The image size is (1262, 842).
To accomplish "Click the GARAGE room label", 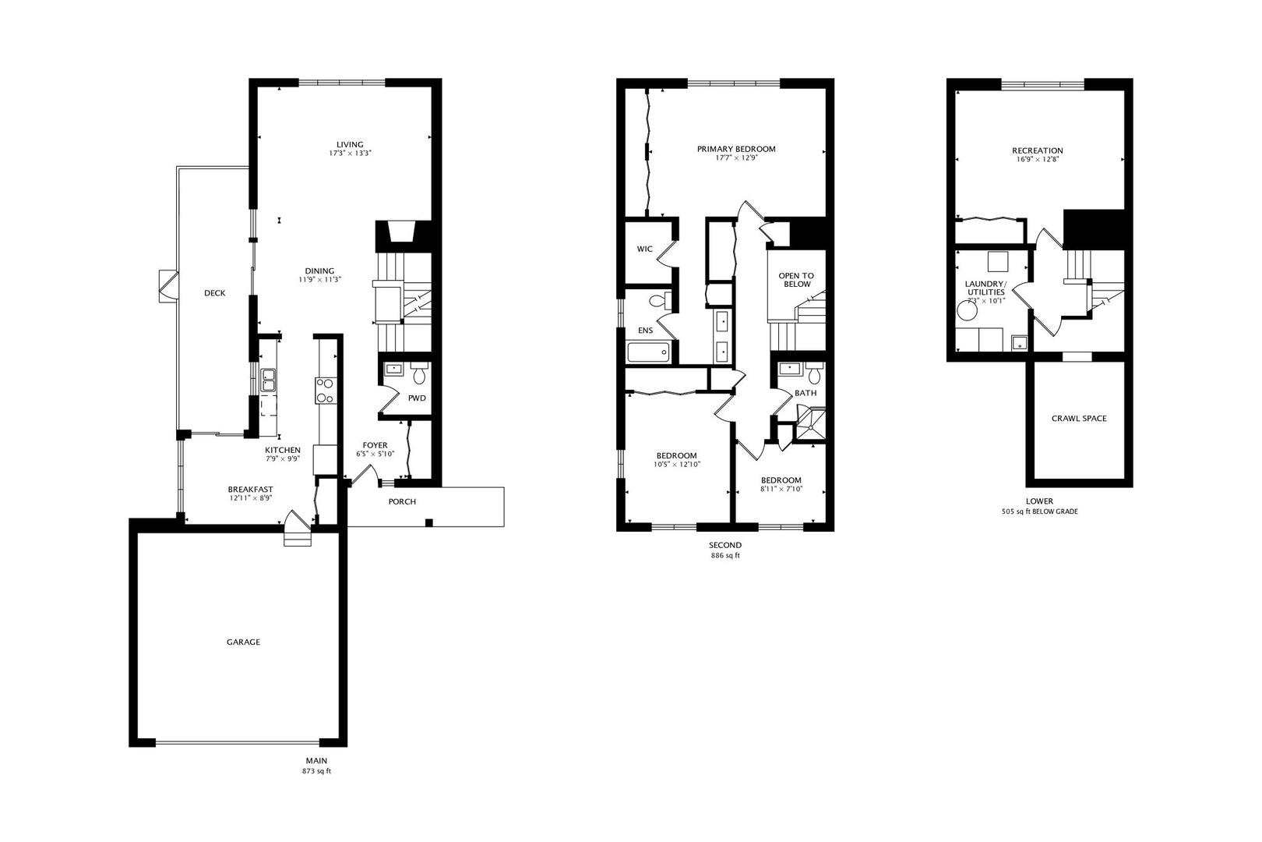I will tap(243, 642).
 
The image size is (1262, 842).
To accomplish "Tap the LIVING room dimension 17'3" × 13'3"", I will tap(350, 154).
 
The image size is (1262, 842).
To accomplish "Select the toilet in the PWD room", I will tap(420, 376).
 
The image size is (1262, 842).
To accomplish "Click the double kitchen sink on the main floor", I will tap(269, 380).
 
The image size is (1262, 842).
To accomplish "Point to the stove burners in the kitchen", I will tap(325, 391).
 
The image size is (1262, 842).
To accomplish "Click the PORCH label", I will tap(402, 502).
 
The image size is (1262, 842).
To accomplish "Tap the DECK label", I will tap(215, 293).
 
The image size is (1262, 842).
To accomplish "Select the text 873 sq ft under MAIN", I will tap(317, 771).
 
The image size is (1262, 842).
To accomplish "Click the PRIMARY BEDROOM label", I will tap(736, 149).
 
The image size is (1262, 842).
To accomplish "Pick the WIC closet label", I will tap(644, 249).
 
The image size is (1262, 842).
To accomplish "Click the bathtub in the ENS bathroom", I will tap(648, 353).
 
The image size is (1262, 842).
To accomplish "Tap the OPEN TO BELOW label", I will tap(796, 280).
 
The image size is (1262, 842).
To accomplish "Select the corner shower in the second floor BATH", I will tap(810, 426).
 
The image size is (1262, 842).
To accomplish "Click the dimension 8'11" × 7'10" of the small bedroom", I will tap(781, 490).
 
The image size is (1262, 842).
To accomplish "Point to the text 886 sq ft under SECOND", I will tap(725, 556).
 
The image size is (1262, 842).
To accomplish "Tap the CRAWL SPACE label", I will tap(1079, 419).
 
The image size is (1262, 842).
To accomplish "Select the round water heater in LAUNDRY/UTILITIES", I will tap(968, 312).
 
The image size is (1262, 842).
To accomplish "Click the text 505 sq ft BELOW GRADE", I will tap(1039, 512).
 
